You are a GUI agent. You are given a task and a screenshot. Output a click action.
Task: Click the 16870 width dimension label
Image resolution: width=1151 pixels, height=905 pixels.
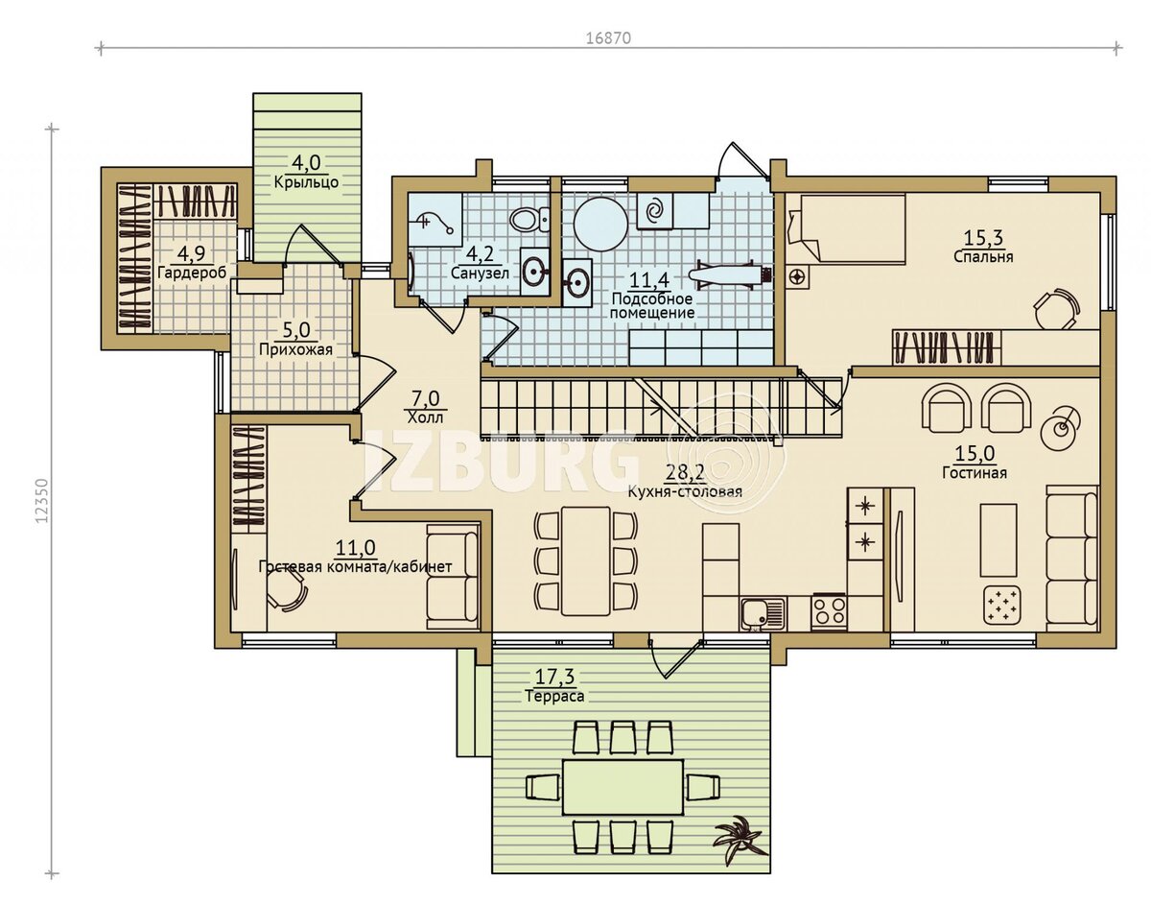(608, 38)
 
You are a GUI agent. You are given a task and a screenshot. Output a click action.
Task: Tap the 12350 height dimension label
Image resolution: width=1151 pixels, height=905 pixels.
(42, 501)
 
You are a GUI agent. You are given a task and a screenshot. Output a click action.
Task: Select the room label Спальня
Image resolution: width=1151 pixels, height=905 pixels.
(983, 257)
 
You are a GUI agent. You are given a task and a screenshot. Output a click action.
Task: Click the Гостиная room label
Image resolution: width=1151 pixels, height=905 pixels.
(975, 472)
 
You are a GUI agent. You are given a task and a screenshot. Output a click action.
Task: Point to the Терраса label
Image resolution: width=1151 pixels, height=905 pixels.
(554, 696)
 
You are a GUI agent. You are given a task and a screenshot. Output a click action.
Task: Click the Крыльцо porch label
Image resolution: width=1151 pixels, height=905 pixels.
(306, 182)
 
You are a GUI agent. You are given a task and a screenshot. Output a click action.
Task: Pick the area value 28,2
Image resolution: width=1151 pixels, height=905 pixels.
(684, 472)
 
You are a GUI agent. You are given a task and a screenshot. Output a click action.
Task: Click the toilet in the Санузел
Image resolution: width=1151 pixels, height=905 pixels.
(530, 219)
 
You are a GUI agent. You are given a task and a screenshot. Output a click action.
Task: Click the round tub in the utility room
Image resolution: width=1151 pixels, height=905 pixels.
(600, 225)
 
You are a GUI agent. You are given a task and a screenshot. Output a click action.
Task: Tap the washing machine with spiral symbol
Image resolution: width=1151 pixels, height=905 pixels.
(655, 211)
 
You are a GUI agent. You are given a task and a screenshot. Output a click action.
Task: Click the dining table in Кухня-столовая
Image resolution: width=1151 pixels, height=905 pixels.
(585, 561)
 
